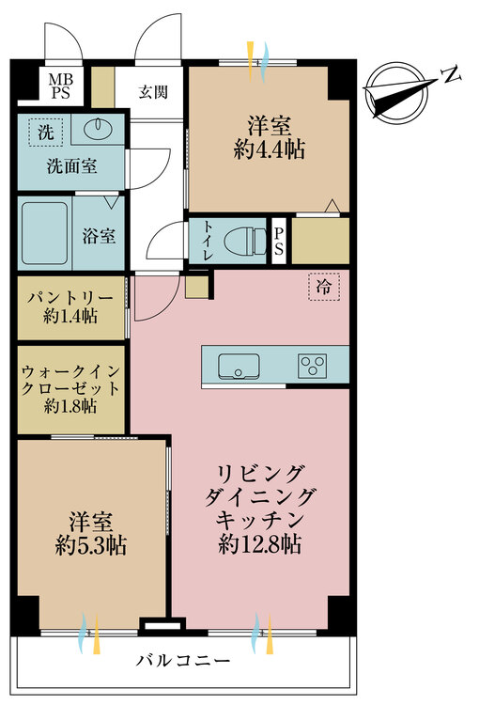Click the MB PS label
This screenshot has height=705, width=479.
59,86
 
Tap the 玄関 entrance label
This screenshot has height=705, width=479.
154,92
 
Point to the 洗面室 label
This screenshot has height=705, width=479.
70,166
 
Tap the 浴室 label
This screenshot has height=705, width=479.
100,235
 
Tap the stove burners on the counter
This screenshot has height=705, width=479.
312,366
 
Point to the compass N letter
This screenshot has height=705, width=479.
451,74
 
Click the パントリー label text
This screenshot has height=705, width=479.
70,298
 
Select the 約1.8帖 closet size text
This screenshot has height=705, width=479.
70,407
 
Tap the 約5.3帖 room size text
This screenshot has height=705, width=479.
92,545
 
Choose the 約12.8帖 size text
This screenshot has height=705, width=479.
260,542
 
